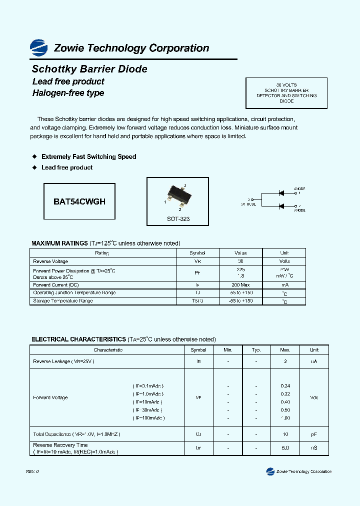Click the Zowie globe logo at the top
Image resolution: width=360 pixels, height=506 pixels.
[x=38, y=47]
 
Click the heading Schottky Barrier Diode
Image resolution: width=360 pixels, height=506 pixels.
[x=89, y=69]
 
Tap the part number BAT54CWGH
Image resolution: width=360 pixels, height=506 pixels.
[x=79, y=201]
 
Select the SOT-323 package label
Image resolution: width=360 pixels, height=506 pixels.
[x=178, y=219]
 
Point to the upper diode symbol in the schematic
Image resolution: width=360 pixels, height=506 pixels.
[x=281, y=192]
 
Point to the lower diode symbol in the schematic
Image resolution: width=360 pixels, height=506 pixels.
[x=281, y=206]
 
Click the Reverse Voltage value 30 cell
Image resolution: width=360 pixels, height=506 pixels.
[x=240, y=261]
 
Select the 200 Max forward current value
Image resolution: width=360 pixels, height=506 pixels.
[x=240, y=285]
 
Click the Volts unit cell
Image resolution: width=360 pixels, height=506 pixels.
[x=284, y=261]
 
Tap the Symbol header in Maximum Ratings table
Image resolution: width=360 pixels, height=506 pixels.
[x=197, y=253]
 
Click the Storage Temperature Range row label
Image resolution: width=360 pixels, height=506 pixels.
[x=63, y=301]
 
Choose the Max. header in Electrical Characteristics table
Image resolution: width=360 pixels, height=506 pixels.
[x=285, y=350]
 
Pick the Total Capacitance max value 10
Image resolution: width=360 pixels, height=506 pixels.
[x=285, y=434]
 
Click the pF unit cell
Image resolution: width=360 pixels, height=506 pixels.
[x=313, y=434]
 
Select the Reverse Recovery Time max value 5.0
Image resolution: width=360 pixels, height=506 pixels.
[x=285, y=448]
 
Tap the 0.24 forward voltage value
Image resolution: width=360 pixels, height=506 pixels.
[x=285, y=386]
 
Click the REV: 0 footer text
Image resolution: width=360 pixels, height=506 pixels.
[x=32, y=471]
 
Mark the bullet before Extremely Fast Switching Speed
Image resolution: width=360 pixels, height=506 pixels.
[x=34, y=156]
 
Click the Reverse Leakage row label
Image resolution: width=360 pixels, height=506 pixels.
[x=63, y=361]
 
